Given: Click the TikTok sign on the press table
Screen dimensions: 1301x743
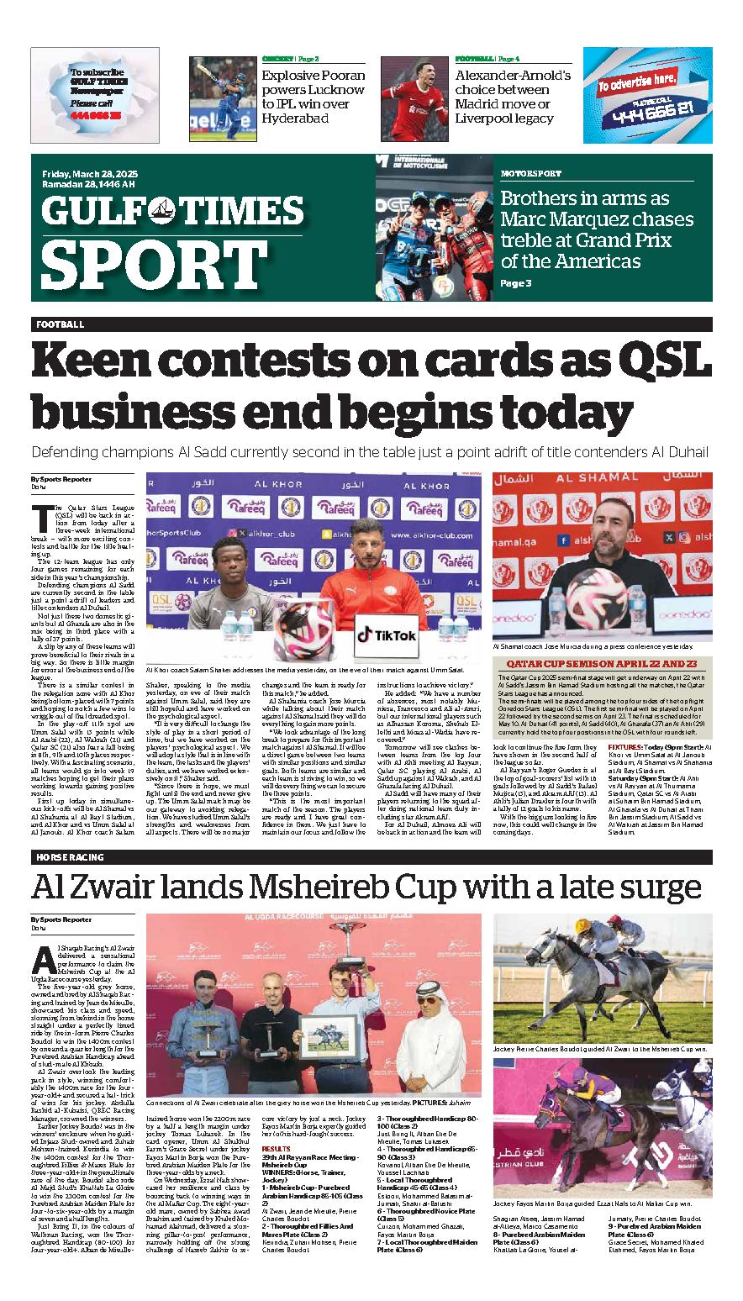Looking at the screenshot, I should [x=386, y=635].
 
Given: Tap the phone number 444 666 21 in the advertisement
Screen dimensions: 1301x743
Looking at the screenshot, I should [x=646, y=108].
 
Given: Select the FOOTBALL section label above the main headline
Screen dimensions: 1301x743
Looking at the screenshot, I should [x=60, y=324].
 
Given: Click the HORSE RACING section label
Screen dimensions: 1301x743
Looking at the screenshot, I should [x=70, y=857].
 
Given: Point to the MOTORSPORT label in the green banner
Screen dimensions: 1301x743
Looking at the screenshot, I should [x=530, y=173].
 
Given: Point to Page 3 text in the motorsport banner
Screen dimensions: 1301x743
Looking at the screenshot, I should [x=515, y=283].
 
